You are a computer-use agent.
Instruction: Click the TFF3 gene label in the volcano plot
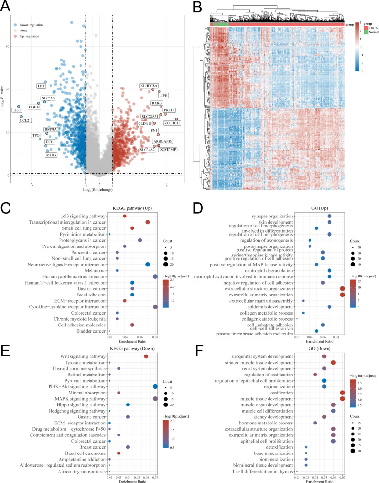pyautogui.click(x=17, y=110)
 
